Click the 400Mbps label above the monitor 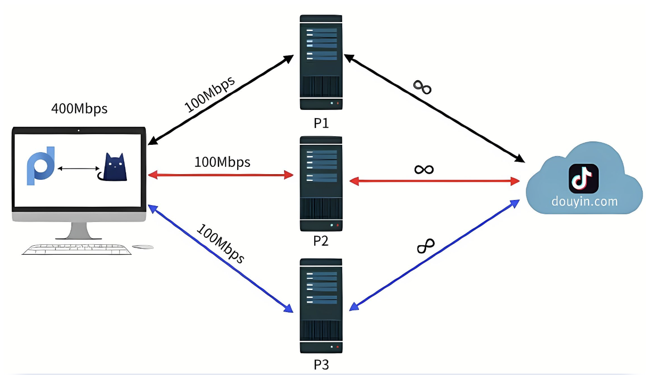coord(79,109)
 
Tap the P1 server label coord(321,123)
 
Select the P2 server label coord(321,241)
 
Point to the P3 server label coord(321,365)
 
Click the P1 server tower coord(321,62)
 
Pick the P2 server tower coord(321,184)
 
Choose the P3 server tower coord(321,306)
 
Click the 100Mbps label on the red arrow coord(222,162)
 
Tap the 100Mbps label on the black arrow coord(210,94)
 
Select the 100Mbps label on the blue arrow coord(221,244)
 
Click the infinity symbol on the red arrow coord(424,169)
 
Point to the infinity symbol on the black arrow coord(422,87)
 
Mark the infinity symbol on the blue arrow coord(426,246)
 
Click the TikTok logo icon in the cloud coord(583,178)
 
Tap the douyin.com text coord(584,201)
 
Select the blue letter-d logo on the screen coord(41,166)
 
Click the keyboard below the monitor coord(77,250)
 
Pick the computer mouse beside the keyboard coord(143,247)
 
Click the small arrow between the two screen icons coord(79,169)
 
